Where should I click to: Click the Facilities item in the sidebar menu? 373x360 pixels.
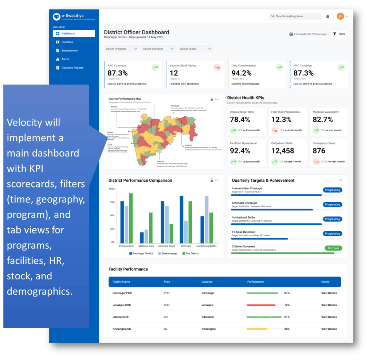coord(67,42)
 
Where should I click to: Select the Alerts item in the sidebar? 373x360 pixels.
coord(65,59)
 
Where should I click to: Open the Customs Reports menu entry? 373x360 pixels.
coord(72,68)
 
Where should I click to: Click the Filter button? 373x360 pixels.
coord(339,34)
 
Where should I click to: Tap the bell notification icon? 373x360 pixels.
coord(327,16)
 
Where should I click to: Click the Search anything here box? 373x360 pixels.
coord(295,16)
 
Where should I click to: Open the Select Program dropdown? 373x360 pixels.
coord(121,49)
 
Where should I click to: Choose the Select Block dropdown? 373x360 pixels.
coord(195,49)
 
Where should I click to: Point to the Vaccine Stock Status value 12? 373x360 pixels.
coord(174,73)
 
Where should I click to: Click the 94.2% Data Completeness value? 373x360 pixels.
coord(242,73)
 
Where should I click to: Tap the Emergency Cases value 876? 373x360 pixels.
coord(319,151)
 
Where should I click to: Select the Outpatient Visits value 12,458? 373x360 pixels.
coord(283,151)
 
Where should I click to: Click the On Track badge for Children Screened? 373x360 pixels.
coord(333,248)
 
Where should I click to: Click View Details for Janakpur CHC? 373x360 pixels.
coord(329,305)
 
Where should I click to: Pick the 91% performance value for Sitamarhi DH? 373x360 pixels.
coord(287,317)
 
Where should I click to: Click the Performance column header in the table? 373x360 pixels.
coord(255,282)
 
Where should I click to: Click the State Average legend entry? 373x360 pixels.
coord(166,253)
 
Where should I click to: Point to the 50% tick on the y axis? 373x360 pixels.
coord(112,216)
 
